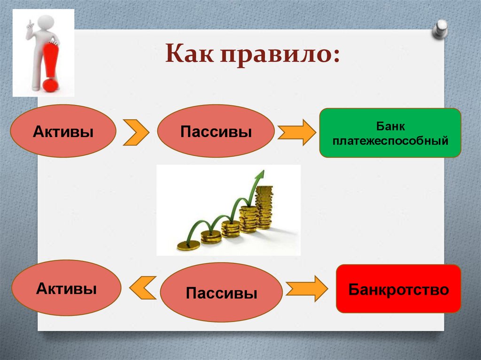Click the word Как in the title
click(189, 54)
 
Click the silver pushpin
click(440, 29)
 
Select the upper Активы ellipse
click(63, 131)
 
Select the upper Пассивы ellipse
click(216, 131)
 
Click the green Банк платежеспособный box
click(390, 133)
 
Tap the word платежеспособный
click(390, 141)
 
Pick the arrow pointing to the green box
click(297, 132)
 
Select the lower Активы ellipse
click(67, 288)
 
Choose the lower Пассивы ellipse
click(221, 292)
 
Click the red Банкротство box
click(398, 289)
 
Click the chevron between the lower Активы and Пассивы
click(143, 288)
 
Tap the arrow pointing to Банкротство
click(307, 289)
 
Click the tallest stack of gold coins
click(264, 207)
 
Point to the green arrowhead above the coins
click(259, 175)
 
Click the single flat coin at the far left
click(188, 245)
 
